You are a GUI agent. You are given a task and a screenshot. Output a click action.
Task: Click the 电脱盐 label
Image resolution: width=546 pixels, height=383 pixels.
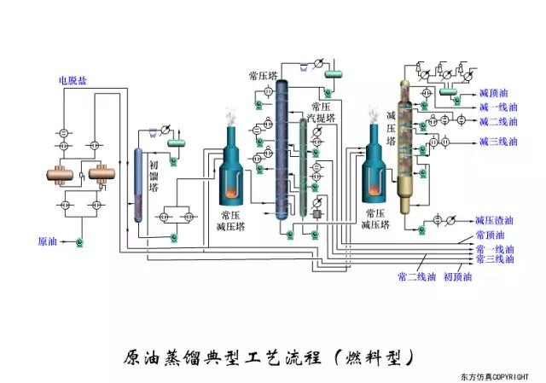point(72,81)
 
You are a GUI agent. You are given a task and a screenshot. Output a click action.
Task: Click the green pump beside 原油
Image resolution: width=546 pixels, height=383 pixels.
point(78,243)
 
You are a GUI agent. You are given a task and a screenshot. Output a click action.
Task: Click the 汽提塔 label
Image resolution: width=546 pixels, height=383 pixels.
point(323,118)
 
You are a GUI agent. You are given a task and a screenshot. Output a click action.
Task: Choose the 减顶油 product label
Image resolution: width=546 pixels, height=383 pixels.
point(494,92)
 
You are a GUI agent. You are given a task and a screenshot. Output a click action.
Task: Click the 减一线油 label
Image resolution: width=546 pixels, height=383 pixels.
point(498,107)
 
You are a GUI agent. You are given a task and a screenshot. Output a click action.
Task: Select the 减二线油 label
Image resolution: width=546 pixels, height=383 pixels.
point(498,123)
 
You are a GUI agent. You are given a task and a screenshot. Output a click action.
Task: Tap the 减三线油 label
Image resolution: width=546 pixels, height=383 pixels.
point(498,142)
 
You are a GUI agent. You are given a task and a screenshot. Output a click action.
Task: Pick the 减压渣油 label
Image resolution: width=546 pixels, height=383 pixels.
point(494,219)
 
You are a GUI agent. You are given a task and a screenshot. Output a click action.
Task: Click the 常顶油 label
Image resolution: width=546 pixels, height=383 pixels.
point(491,235)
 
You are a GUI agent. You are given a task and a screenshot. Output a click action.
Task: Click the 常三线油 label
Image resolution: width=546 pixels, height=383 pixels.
point(495,258)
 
